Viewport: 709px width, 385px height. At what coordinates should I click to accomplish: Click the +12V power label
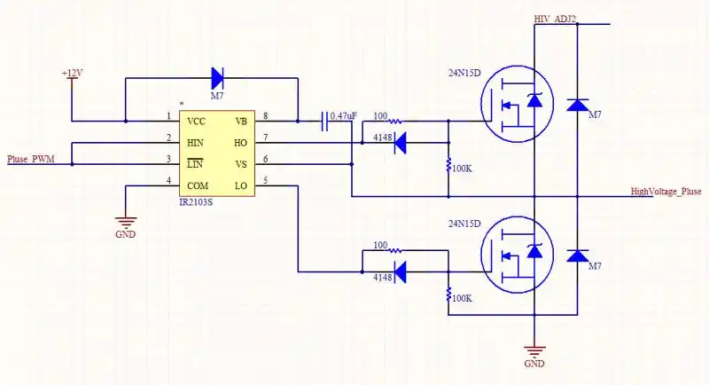(71, 72)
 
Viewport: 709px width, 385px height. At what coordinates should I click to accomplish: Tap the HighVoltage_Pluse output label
(666, 191)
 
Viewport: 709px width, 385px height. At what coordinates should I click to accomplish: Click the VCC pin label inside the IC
(197, 122)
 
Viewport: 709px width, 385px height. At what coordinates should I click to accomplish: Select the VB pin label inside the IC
(241, 122)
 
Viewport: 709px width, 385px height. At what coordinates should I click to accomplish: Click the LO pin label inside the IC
(241, 185)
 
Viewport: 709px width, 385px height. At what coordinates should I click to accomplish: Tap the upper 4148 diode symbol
(400, 140)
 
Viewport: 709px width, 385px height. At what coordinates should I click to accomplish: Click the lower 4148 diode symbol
(400, 272)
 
